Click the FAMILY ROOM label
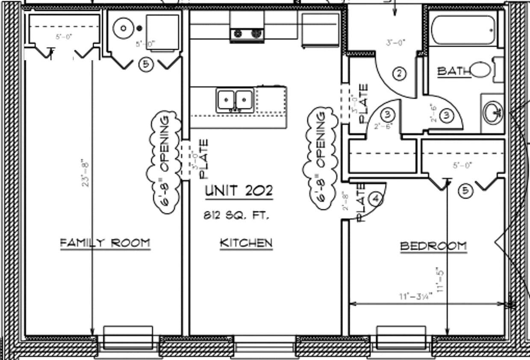[105, 243]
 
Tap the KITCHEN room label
[246, 243]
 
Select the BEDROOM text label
[433, 246]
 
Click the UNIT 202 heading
[238, 191]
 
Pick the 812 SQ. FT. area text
[236, 216]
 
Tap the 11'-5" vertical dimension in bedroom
[440, 280]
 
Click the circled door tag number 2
[399, 74]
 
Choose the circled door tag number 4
[376, 199]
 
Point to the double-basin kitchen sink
[234, 100]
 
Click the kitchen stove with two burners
[247, 34]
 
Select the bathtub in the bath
[463, 30]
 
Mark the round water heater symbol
[124, 28]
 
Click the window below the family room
[128, 338]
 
